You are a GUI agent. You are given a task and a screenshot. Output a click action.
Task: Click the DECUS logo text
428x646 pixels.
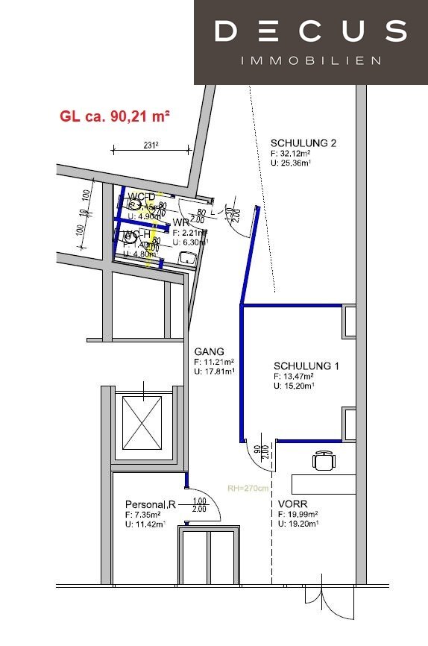point(310,31)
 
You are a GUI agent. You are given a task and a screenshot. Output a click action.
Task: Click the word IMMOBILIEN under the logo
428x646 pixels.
point(311,60)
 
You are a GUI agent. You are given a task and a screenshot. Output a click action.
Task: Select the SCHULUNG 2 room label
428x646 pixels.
point(303,143)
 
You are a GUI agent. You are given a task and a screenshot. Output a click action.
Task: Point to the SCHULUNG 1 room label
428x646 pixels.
point(306,366)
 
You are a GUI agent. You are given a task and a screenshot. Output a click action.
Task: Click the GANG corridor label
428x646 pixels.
point(209,351)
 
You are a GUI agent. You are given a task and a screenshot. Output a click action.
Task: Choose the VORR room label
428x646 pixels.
point(292,504)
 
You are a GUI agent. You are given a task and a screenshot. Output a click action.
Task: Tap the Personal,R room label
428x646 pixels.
point(149,504)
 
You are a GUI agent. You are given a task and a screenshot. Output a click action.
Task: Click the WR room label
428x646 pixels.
point(181,223)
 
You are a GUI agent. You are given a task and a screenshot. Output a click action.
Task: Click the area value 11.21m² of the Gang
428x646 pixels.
point(214,363)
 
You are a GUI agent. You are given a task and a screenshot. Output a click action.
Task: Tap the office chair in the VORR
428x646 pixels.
point(323,462)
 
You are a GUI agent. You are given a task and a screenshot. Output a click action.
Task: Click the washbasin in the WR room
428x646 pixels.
point(187,259)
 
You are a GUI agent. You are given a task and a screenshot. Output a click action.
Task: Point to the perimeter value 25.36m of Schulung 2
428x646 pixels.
point(296,164)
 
